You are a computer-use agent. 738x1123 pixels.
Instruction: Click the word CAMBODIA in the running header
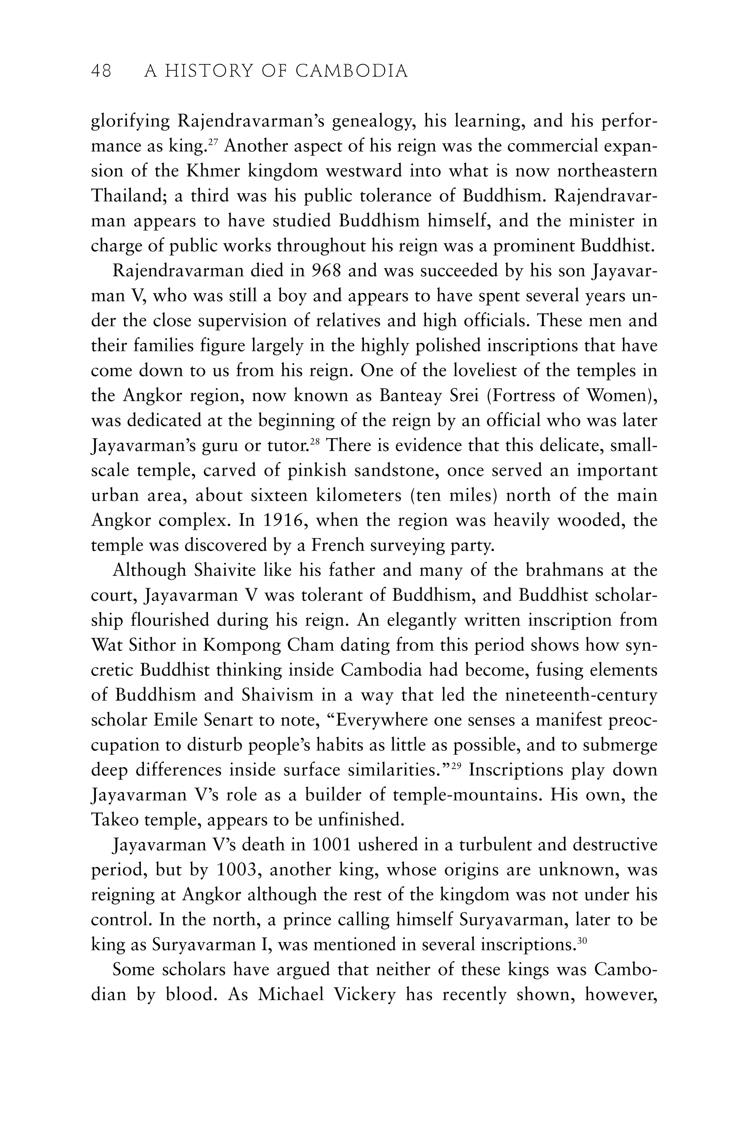pyautogui.click(x=352, y=71)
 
